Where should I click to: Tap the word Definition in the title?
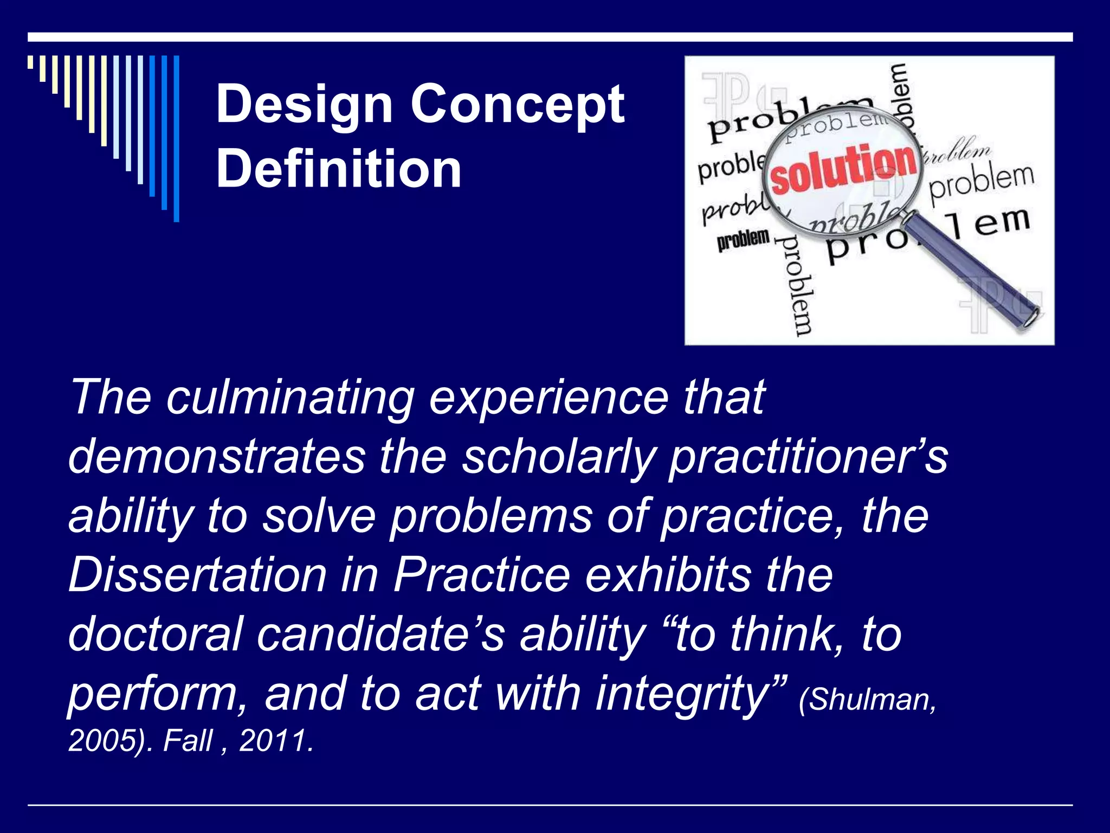[339, 169]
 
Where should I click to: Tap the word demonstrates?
[217, 457]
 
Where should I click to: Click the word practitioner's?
[808, 457]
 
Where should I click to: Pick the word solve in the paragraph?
[319, 516]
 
